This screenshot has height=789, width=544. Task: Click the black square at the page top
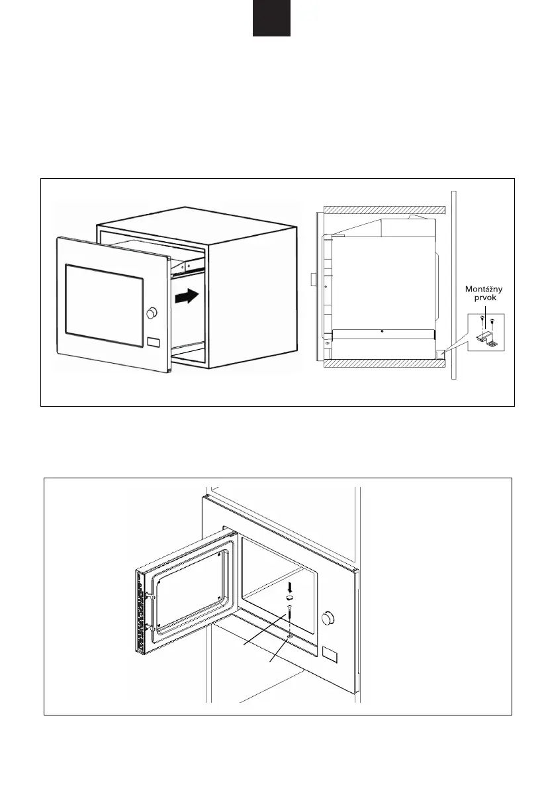pyautogui.click(x=271, y=18)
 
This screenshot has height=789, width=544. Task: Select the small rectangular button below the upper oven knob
pyautogui.click(x=154, y=343)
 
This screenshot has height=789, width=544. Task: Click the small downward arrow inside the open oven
pyautogui.click(x=289, y=587)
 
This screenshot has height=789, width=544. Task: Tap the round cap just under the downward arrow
pyautogui.click(x=289, y=598)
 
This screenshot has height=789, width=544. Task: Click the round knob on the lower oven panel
pyautogui.click(x=327, y=618)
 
